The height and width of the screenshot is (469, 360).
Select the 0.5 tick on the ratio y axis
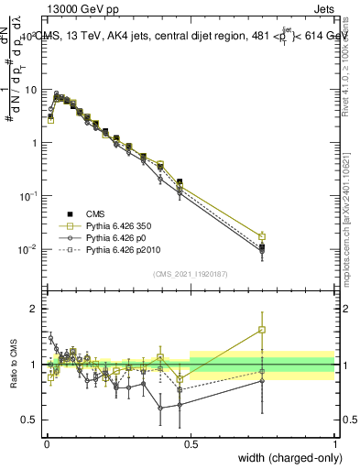27,420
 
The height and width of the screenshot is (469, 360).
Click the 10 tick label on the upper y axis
27,90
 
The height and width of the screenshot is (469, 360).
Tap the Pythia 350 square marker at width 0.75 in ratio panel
262,330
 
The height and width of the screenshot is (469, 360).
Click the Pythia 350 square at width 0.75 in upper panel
262,236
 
